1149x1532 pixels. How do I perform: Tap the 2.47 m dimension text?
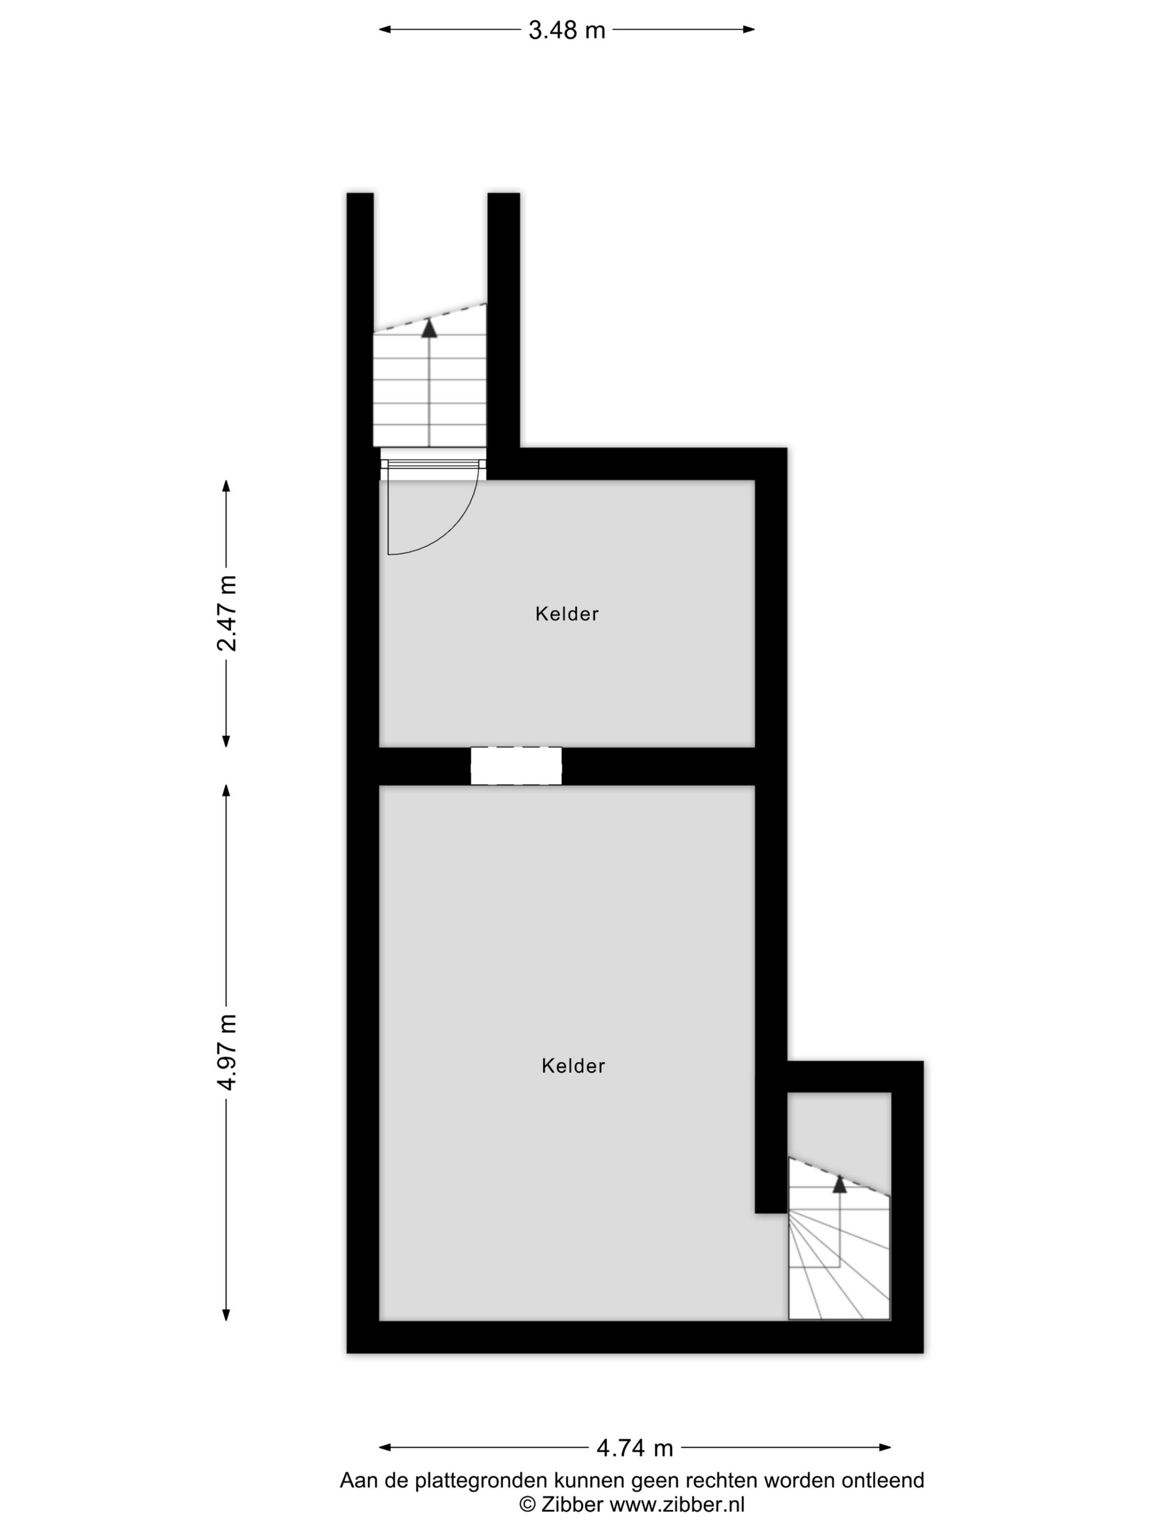[227, 613]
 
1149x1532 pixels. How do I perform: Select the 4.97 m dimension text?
[227, 1052]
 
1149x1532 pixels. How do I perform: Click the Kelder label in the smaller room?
[566, 614]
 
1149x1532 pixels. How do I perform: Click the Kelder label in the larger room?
[573, 1065]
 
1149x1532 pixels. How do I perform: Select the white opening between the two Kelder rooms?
[516, 765]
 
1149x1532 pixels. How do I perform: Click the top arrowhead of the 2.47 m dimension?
[226, 485]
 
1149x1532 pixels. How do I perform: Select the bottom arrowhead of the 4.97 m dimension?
[226, 1315]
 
